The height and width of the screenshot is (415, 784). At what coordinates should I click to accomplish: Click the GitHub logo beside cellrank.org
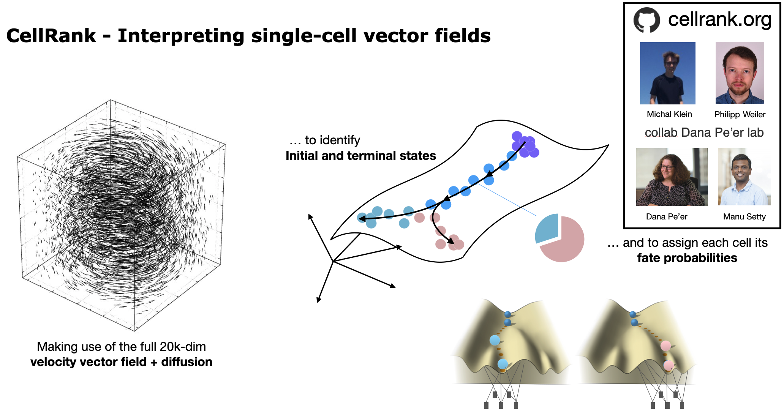[646, 20]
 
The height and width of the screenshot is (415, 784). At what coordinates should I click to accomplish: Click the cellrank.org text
[719, 19]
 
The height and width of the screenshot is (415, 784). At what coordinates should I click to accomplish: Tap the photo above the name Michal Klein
[667, 73]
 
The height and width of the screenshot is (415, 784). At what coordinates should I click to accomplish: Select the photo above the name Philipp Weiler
[740, 73]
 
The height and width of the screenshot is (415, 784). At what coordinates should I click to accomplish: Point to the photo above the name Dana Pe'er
[672, 177]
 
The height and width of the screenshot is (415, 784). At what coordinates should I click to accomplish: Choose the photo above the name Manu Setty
[744, 177]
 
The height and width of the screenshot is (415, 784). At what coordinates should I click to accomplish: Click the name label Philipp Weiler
[740, 115]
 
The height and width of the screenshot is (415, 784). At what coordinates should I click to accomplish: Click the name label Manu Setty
[744, 217]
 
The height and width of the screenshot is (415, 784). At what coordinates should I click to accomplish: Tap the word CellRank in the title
[51, 36]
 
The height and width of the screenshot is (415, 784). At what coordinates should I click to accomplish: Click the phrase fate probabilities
[687, 258]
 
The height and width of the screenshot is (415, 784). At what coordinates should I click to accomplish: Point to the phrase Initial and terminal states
[360, 156]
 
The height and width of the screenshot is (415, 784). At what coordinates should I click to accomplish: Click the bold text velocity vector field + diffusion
[121, 362]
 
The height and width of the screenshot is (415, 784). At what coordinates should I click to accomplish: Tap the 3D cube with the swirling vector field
[122, 215]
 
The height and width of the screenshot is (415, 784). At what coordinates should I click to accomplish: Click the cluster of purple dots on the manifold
[525, 144]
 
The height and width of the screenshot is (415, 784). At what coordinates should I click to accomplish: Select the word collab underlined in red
[661, 133]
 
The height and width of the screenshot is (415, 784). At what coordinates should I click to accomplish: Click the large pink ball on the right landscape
[665, 346]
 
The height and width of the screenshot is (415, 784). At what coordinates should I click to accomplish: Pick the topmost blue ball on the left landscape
[508, 314]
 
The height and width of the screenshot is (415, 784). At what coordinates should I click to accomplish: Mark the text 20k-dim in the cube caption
[183, 347]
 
